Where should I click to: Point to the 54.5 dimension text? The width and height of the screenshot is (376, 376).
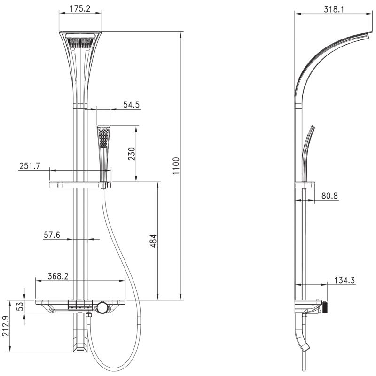[132, 105]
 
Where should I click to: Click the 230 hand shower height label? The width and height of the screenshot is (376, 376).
[132, 154]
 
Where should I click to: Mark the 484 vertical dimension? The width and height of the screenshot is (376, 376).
[153, 241]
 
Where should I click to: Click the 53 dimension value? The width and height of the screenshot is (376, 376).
[20, 307]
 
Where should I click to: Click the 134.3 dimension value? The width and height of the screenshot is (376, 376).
[345, 281]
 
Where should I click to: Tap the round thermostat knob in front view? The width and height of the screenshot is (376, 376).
[102, 308]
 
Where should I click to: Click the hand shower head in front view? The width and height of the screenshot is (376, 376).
[103, 137]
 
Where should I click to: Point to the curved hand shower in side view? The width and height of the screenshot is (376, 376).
[307, 150]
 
